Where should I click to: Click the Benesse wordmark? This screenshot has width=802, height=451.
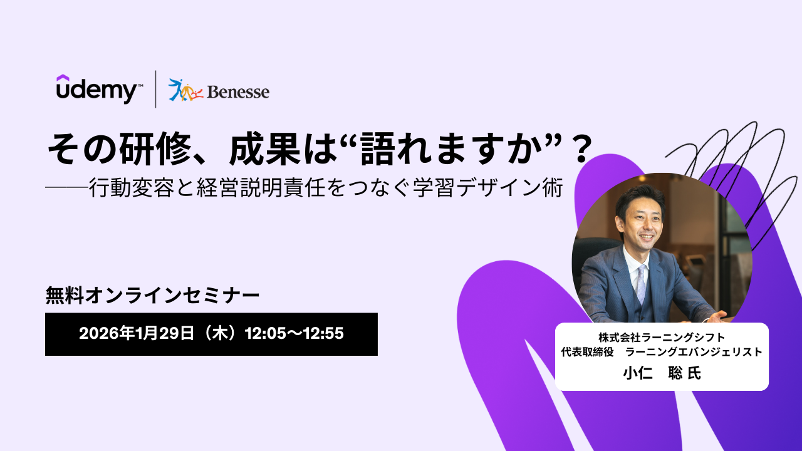[238, 92]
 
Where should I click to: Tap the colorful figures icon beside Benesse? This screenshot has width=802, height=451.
[185, 90]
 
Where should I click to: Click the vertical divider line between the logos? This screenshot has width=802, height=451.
[156, 89]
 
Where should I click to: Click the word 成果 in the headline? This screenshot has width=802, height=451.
[264, 148]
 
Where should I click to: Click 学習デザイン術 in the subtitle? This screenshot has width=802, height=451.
[487, 187]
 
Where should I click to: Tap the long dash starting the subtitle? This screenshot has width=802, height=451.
[67, 187]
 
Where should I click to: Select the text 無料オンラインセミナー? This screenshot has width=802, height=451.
[152, 296]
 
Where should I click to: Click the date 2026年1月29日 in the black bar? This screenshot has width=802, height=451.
[137, 333]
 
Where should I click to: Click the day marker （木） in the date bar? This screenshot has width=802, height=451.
[219, 333]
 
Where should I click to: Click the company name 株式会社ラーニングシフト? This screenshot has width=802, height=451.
[662, 337]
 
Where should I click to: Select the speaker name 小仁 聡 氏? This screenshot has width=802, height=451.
[662, 373]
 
